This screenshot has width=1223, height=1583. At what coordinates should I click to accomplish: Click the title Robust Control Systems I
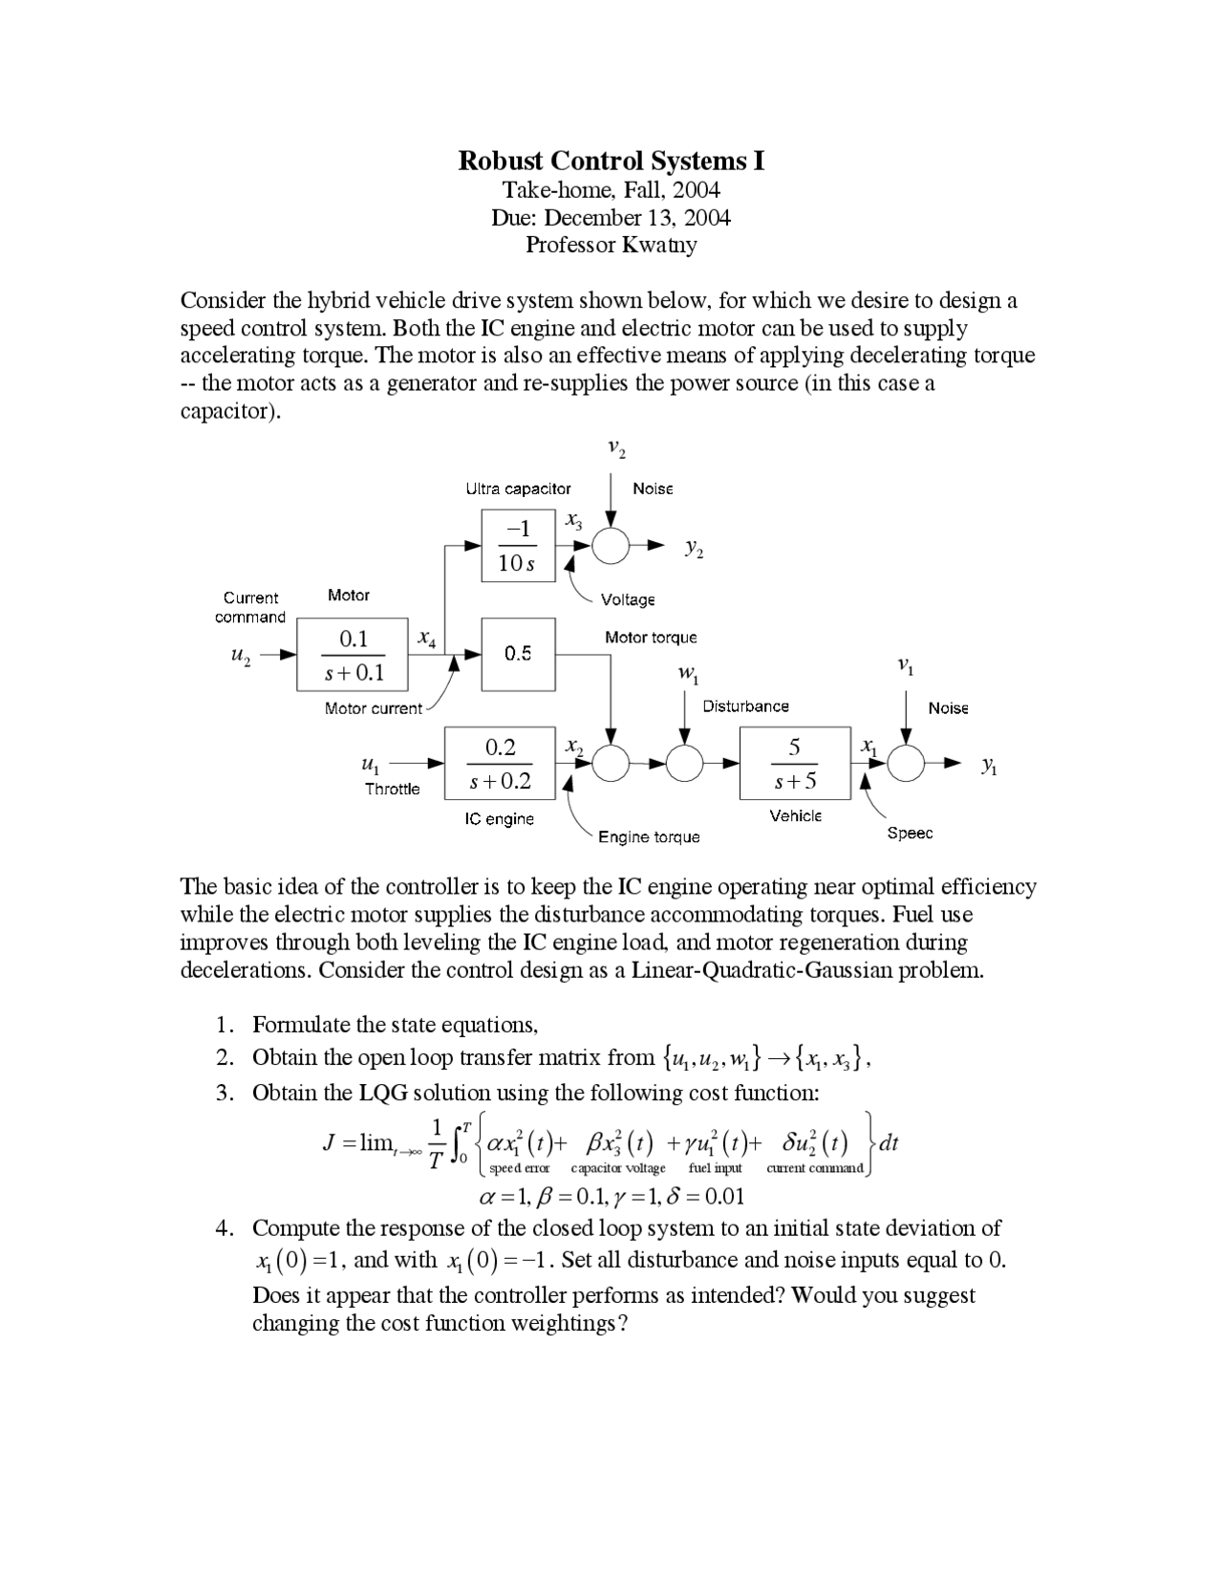pos(611,160)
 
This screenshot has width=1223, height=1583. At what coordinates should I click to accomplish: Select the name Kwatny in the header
pos(659,245)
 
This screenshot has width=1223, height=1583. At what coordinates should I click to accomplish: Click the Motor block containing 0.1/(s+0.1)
pos(353,655)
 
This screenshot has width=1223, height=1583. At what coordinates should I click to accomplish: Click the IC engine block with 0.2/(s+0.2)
pos(500,763)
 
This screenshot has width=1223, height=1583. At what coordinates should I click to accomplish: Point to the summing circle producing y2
pos(611,546)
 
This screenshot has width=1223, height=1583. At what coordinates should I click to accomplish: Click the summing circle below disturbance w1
pos(684,764)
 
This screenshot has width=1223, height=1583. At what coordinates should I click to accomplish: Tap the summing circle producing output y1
pos(906,764)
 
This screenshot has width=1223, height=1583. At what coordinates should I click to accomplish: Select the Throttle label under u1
pos(392,790)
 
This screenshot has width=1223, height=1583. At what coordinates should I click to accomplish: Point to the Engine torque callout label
pos(649,837)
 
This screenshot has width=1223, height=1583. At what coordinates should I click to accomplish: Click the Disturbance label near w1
pos(745,706)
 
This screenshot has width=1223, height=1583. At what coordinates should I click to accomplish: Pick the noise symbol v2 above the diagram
pos(616,447)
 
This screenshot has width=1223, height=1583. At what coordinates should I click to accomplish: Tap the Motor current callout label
pos(373,708)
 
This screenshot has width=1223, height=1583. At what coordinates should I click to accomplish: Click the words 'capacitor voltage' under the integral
pos(617,1168)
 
